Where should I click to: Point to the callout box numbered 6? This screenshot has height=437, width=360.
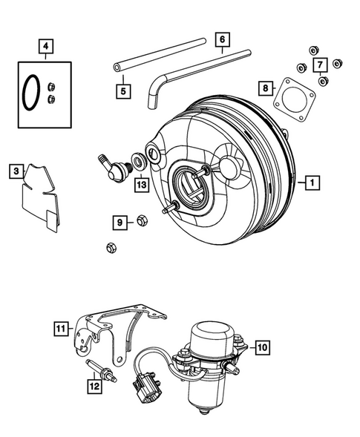(221, 38)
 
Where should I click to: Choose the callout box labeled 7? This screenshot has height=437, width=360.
(320, 66)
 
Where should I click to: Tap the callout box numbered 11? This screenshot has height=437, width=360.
(60, 326)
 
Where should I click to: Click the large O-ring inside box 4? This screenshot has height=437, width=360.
(29, 91)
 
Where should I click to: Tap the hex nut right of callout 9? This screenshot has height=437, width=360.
(143, 220)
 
